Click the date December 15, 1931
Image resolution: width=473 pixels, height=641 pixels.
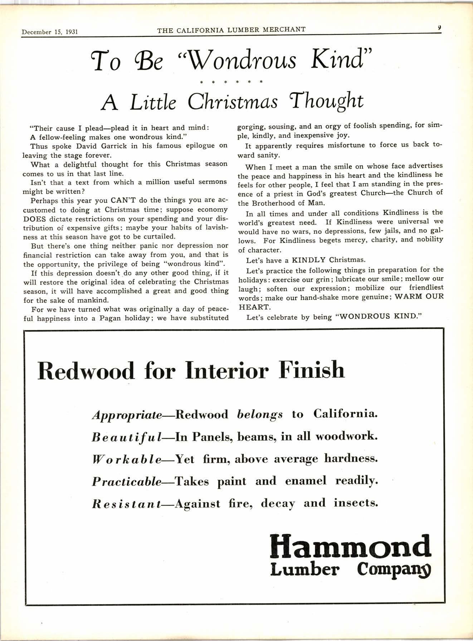point(50,32)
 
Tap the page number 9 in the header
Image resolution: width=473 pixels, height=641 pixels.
point(438,27)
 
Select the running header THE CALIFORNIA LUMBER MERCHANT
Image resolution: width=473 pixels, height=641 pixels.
point(231,30)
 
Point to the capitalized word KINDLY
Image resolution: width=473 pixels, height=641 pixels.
point(309,260)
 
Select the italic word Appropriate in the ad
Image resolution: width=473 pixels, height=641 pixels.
point(127,415)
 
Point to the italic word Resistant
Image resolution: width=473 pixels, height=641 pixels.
point(126,504)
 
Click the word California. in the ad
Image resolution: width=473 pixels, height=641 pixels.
point(345,414)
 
